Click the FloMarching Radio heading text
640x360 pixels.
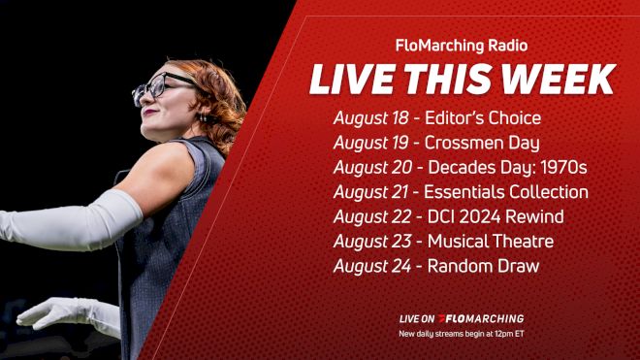pyautogui.click(x=461, y=45)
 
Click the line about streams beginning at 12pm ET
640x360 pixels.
pyautogui.click(x=461, y=334)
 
